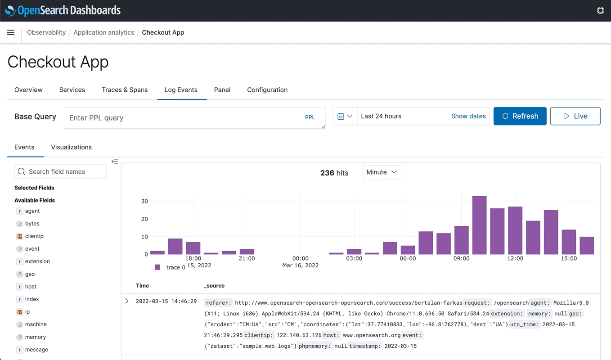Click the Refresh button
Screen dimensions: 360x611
520,116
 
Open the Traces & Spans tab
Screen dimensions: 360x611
125,90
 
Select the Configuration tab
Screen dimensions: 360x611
267,90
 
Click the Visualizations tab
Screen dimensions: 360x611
72,147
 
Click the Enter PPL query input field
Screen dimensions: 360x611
184,118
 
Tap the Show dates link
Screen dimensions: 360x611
468,116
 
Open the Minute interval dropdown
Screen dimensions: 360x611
382,172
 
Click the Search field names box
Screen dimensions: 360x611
61,172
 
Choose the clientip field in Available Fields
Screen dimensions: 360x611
34,236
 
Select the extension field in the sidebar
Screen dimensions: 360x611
37,261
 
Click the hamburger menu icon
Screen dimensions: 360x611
11,32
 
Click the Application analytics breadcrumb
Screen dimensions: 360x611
103,32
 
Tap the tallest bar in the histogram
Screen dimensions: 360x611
479,225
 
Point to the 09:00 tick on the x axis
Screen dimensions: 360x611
462,258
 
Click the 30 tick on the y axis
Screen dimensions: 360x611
144,201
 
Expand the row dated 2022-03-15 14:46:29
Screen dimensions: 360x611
127,301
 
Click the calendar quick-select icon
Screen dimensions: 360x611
345,116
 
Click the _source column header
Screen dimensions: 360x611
214,286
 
